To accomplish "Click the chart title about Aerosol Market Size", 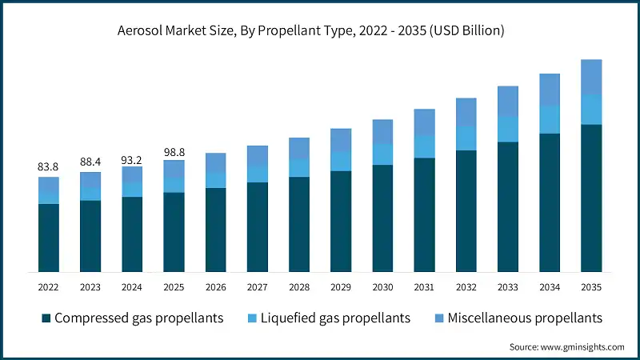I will tap(320, 30).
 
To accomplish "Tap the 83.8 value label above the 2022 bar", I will tap(48, 166).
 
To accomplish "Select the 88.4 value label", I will tap(90, 162).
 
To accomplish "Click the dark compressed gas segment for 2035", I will tap(591, 198).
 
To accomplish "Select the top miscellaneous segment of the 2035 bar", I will tap(591, 77).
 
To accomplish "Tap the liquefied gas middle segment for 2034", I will tap(550, 119).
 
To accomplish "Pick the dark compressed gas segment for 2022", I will tap(48, 238).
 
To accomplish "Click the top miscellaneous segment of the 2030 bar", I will tap(382, 132).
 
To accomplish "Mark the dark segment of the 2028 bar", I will tap(299, 224).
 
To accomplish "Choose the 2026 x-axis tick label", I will tap(215, 286).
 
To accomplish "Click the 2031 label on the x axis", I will tap(424, 286).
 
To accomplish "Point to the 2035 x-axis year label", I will tap(591, 286).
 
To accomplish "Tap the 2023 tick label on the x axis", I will tap(90, 286).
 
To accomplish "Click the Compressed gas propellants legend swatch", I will tap(46, 318).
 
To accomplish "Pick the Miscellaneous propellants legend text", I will tap(524, 318).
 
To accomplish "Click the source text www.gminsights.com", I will tap(566, 346).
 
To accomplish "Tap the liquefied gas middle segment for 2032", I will tap(466, 138).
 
